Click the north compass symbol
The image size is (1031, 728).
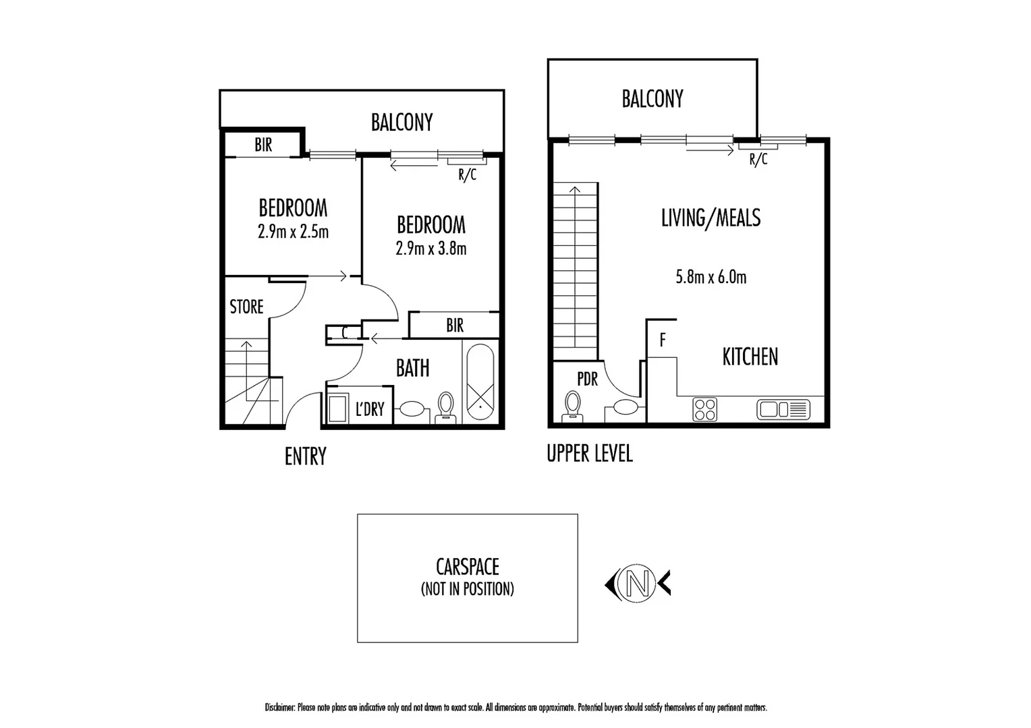(638, 583)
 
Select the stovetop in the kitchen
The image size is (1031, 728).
(704, 409)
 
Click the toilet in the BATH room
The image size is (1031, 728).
(446, 407)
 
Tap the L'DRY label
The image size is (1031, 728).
(370, 409)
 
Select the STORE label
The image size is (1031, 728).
(246, 307)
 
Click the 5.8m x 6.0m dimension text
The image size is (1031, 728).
(710, 277)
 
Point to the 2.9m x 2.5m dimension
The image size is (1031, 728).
(293, 232)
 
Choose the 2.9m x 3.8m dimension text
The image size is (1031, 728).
(430, 249)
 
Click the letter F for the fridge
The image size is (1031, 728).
(663, 340)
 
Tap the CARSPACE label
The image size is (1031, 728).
(467, 567)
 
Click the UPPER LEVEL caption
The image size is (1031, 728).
(589, 454)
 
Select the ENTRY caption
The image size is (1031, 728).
(305, 456)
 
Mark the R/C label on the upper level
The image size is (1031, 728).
(758, 160)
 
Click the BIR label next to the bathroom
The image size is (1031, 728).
(455, 326)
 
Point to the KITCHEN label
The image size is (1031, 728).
(750, 357)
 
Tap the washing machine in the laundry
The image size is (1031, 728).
(337, 408)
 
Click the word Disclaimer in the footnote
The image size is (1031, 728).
(280, 708)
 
